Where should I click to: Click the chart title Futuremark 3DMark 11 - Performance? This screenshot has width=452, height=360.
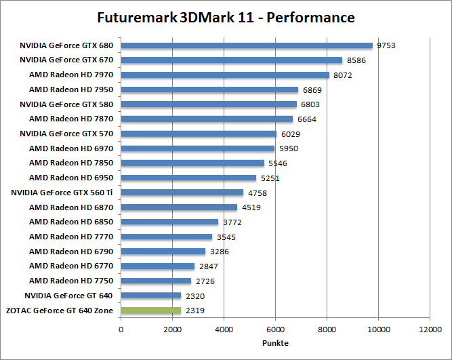coord(226,16)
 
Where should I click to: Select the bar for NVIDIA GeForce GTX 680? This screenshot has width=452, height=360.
coord(247,45)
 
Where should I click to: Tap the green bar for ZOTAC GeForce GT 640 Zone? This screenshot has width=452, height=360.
coord(150,311)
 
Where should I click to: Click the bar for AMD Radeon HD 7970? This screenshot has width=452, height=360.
coord(225,75)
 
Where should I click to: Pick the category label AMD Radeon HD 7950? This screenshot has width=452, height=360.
coord(71,89)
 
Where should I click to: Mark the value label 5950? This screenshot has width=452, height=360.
coord(288,148)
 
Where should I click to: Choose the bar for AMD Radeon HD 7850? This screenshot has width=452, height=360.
coord(192,163)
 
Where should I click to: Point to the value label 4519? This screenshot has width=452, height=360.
coord(251,207)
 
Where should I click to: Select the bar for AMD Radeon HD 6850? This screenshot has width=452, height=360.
coord(169,222)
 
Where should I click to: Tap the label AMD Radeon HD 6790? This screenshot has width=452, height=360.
coord(71,252)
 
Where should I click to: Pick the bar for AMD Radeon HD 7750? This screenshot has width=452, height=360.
coord(156,281)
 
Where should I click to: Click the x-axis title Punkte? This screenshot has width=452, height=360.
coord(275,343)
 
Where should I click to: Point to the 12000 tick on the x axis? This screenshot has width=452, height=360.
coord(429,330)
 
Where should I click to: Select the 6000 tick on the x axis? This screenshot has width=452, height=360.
coord(275,330)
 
